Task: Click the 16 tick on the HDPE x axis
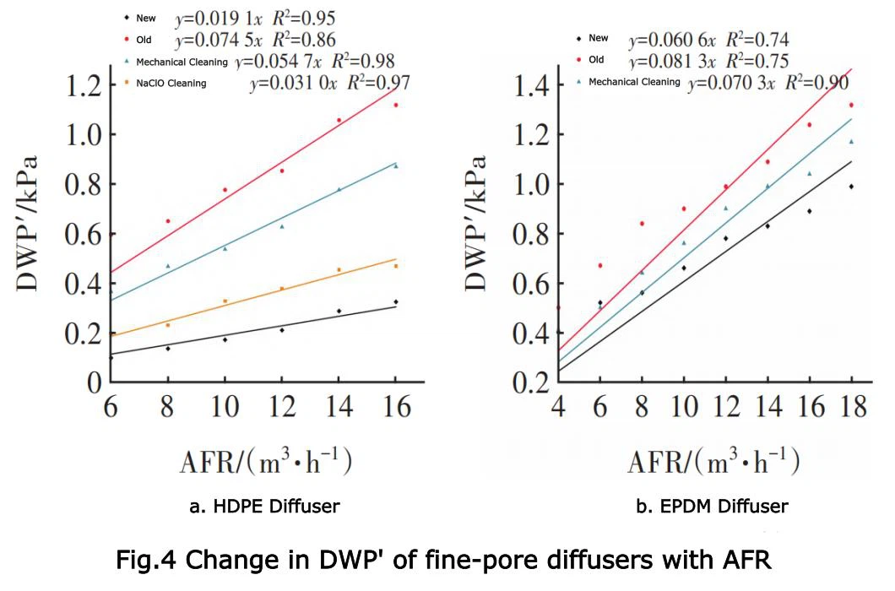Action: (395, 407)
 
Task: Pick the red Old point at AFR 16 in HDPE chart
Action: (395, 105)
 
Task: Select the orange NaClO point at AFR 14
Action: (339, 270)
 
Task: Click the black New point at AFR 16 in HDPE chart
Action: (395, 301)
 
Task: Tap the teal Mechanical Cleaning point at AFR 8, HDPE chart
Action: (167, 266)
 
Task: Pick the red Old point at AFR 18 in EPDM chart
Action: (851, 105)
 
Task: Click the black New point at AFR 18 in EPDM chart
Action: (851, 187)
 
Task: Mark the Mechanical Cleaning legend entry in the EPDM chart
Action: (633, 82)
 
